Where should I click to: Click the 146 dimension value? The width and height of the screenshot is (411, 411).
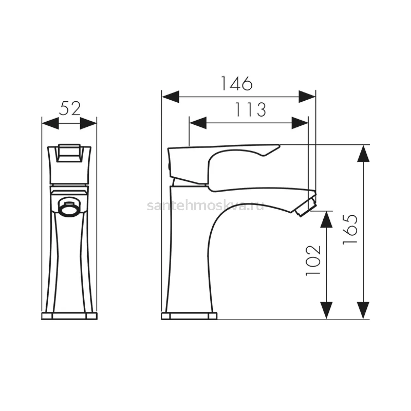(237, 83)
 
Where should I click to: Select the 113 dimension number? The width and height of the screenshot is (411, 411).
(250, 109)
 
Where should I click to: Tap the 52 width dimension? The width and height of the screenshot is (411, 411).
(70, 108)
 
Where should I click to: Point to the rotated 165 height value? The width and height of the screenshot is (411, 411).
(350, 229)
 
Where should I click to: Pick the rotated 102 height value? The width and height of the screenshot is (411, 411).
(313, 261)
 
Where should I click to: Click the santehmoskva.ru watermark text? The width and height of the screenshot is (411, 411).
(206, 206)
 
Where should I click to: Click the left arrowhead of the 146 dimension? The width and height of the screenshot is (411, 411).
(171, 97)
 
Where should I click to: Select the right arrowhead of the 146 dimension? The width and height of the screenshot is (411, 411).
(307, 97)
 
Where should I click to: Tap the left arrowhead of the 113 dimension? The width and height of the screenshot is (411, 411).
(198, 123)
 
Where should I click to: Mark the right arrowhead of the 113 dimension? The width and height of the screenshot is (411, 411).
(300, 123)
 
